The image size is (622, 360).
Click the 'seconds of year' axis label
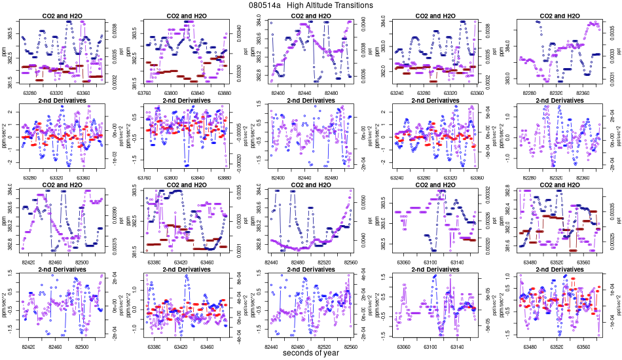[310, 353]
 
